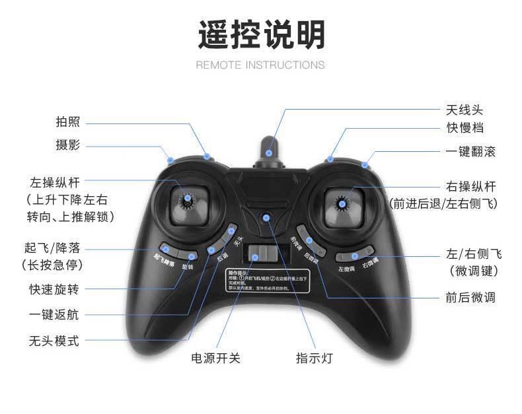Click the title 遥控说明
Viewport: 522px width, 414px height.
tap(261, 34)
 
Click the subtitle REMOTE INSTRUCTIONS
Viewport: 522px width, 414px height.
tap(260, 65)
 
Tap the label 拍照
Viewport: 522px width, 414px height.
tap(67, 122)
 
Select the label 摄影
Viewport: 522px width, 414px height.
tap(67, 145)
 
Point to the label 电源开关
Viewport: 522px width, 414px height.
tap(215, 358)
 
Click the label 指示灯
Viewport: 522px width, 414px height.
tap(314, 358)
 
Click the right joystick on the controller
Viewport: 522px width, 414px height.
tap(343, 203)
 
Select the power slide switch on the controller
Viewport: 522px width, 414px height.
tap(259, 254)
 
